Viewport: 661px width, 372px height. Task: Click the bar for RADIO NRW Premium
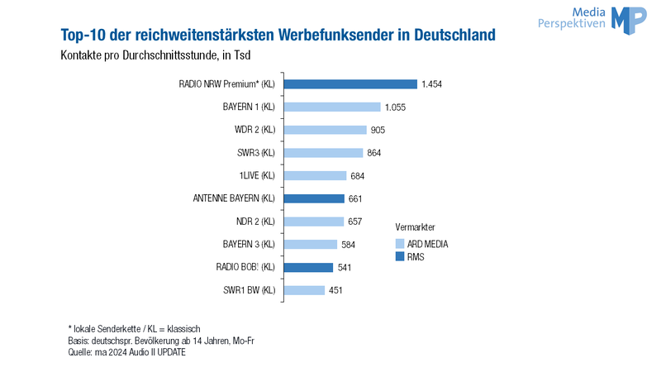click(350, 84)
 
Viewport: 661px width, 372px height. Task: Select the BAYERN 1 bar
click(332, 107)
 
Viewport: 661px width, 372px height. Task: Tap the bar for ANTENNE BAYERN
click(314, 198)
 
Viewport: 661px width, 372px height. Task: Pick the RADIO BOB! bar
click(308, 267)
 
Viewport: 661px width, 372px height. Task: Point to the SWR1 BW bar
click(304, 290)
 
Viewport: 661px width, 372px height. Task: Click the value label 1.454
click(431, 84)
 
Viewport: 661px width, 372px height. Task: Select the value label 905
click(378, 130)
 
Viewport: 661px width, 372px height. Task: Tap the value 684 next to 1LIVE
click(358, 176)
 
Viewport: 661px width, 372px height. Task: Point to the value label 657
click(355, 222)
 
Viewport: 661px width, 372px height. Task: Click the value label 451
click(335, 290)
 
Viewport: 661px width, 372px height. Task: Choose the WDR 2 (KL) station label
click(254, 130)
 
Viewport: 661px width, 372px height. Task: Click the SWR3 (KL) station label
click(256, 153)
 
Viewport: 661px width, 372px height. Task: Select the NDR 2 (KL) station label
click(255, 222)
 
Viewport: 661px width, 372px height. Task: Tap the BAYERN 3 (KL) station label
click(249, 244)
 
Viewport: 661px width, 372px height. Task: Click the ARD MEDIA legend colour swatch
click(400, 244)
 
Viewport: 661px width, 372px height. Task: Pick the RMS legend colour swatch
click(400, 256)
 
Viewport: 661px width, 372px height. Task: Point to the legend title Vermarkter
click(416, 227)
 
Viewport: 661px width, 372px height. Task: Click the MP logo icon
click(629, 20)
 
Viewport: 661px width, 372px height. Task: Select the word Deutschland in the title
click(455, 35)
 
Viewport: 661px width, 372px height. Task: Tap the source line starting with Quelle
click(126, 352)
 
